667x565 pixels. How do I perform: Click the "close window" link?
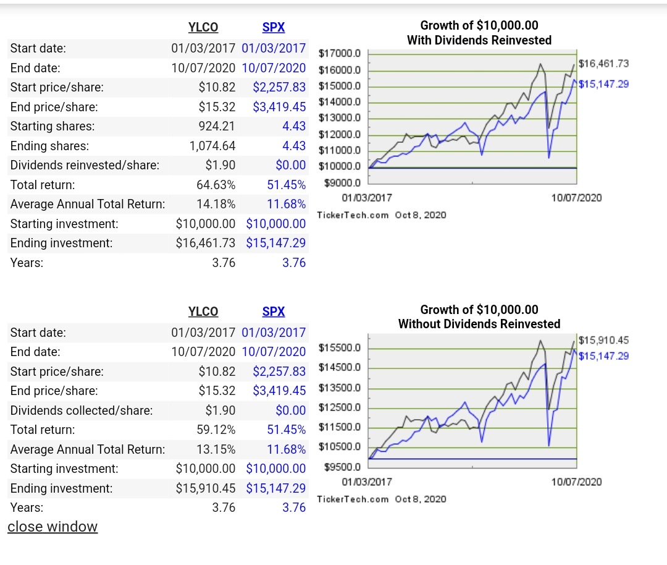click(52, 527)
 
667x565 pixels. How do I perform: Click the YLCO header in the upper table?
click(203, 27)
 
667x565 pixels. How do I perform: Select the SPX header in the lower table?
click(273, 312)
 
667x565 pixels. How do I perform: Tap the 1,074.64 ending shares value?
click(212, 146)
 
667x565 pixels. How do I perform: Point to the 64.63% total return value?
click(216, 185)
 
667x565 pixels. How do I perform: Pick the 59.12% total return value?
click(216, 430)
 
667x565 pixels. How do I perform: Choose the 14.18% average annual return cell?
click(216, 204)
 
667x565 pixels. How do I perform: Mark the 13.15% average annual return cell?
click(216, 449)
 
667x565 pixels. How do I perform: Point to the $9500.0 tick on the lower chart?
click(342, 467)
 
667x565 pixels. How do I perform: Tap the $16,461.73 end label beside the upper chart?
click(603, 64)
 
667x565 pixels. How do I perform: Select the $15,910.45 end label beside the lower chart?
click(603, 340)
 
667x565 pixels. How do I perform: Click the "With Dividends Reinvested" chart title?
click(479, 40)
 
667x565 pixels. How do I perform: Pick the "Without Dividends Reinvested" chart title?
click(479, 324)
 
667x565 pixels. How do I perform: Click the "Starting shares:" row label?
click(52, 126)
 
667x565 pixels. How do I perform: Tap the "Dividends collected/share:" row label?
click(82, 410)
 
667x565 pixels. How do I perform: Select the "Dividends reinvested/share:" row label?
click(85, 165)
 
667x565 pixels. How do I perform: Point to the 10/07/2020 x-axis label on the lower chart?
click(576, 482)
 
